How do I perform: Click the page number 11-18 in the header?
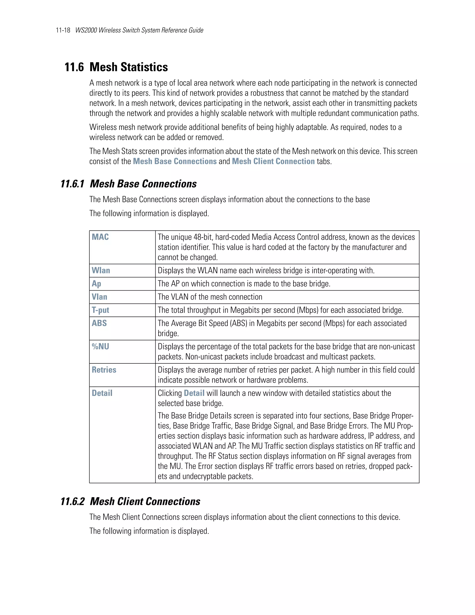(63, 30)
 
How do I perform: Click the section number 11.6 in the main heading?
(74, 67)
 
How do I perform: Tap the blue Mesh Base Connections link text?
(175, 161)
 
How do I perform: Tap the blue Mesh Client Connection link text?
(273, 161)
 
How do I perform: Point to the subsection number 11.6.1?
(73, 184)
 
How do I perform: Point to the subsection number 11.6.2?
(73, 502)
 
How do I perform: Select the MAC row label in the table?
(100, 237)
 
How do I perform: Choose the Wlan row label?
(101, 271)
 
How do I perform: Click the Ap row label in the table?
(96, 284)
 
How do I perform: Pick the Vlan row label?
(99, 297)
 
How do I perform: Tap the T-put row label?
(100, 310)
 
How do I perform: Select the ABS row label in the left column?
(99, 323)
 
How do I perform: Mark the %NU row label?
(100, 347)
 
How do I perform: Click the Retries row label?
(104, 370)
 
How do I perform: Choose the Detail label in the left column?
(102, 393)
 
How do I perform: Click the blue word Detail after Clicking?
(194, 393)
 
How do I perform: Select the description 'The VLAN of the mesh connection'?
(210, 297)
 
